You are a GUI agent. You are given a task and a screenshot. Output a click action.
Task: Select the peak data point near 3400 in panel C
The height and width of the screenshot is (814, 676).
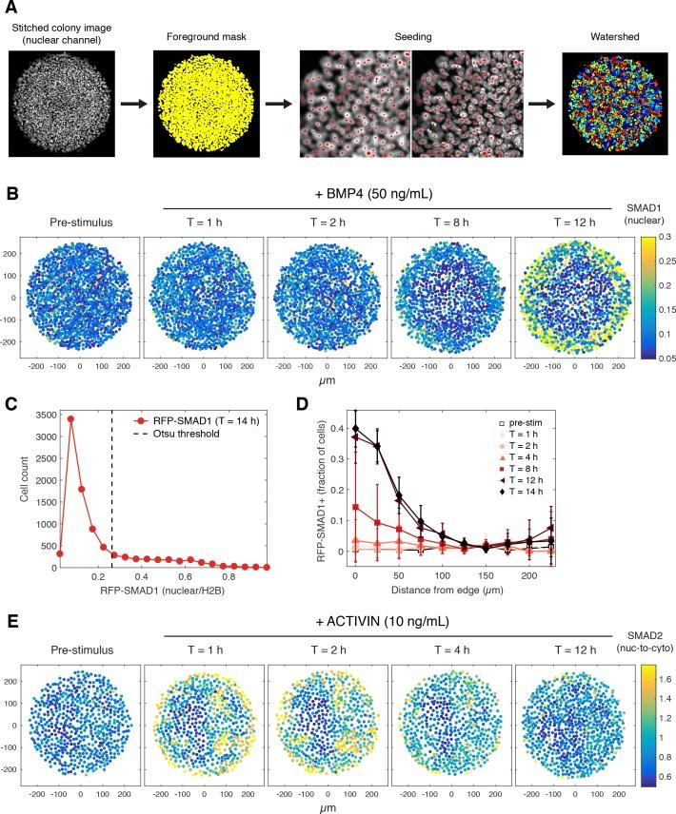click(x=70, y=445)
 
